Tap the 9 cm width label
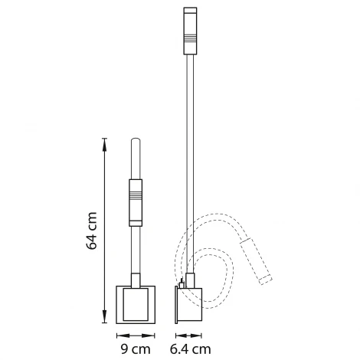[x=136, y=350]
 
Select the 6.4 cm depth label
[x=191, y=350]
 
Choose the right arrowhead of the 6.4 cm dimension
[x=201, y=335]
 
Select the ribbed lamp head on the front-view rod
[x=136, y=202]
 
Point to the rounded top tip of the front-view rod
[x=136, y=142]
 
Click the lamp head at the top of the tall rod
[x=190, y=31]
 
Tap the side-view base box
[x=191, y=302]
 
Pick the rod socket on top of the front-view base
[x=136, y=280]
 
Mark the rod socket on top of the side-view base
[x=189, y=279]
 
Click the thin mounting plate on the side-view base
[x=178, y=302]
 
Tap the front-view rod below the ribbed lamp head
[x=136, y=249]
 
